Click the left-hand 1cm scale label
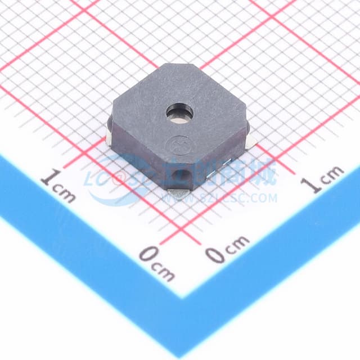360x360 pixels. (x=58, y=186)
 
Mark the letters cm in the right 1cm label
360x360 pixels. (x=332, y=173)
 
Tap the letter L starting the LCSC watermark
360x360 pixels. (x=91, y=179)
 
